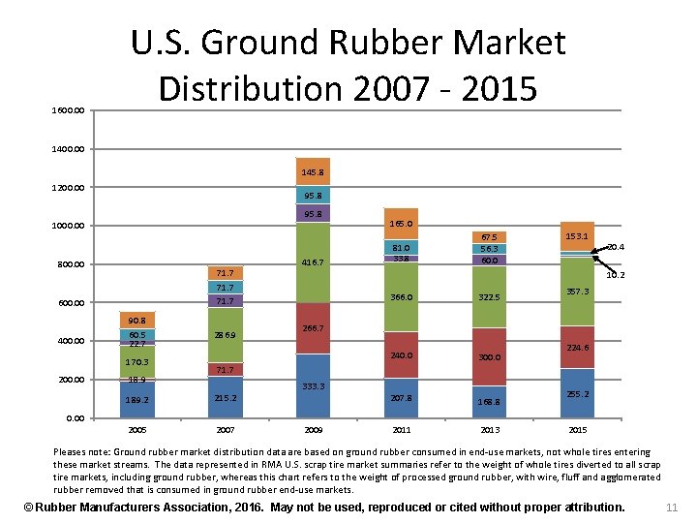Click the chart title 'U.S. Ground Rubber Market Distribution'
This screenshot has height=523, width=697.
point(348,65)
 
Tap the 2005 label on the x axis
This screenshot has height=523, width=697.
point(138,429)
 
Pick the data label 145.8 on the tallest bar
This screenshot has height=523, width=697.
point(313,171)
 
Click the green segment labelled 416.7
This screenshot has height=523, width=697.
point(313,261)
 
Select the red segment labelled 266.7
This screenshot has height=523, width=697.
point(313,328)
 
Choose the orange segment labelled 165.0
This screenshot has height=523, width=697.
point(401,224)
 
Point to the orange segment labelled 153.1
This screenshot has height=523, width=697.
point(577,236)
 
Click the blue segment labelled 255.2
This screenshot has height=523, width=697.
point(577,393)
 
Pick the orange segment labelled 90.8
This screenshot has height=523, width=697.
point(137,321)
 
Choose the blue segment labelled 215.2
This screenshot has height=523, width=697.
point(225,398)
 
